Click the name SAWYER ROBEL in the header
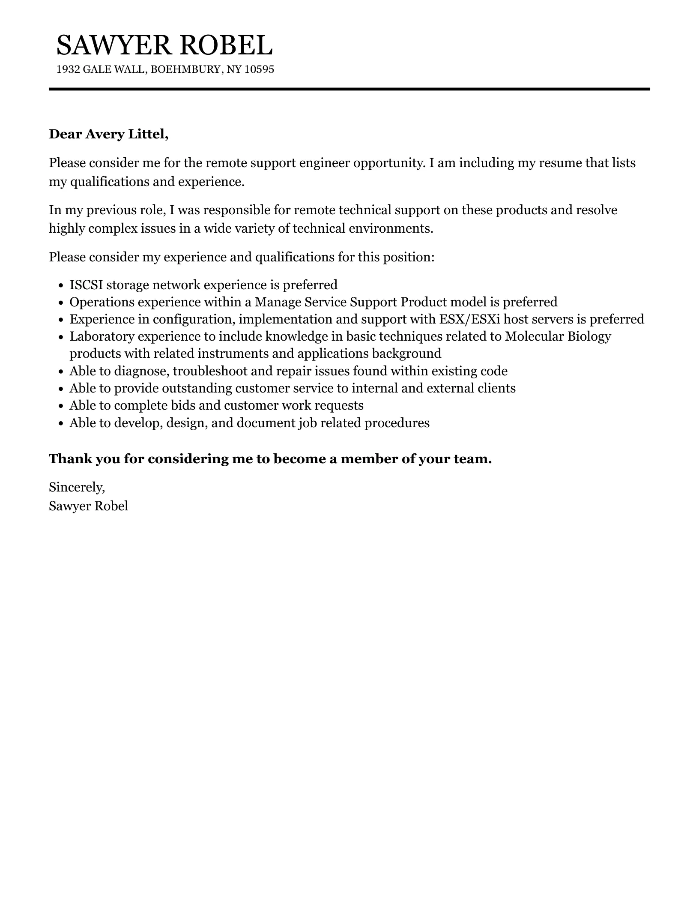(x=164, y=45)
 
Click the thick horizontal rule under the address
(x=349, y=89)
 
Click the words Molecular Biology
(x=558, y=336)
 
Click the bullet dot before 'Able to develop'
(x=60, y=423)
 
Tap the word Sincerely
(x=77, y=487)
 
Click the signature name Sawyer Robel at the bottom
(x=88, y=506)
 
